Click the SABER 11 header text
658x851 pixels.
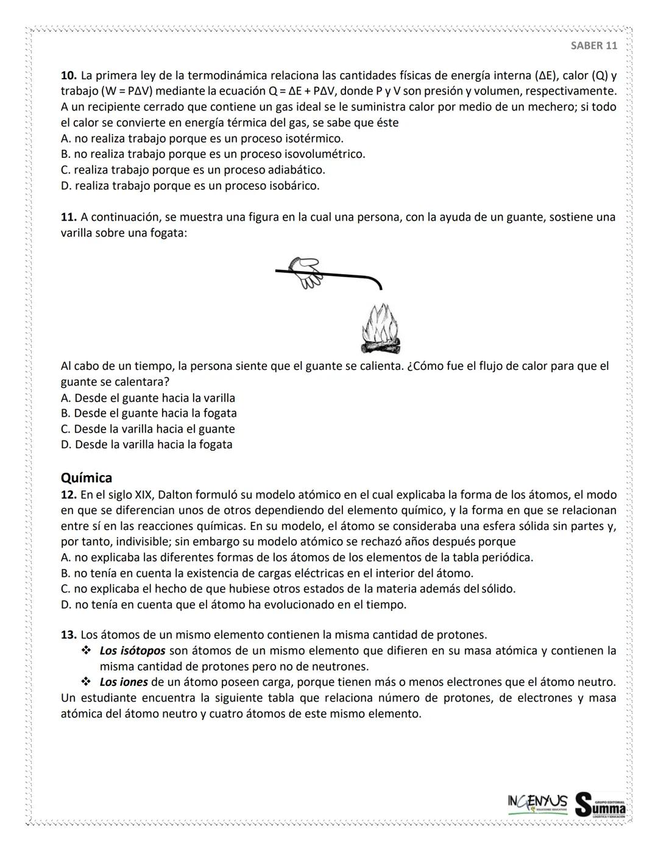[593, 46]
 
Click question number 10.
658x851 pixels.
[68, 76]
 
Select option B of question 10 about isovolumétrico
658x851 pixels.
[213, 154]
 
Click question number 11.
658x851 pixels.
[68, 217]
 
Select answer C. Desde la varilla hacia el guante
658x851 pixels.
[148, 429]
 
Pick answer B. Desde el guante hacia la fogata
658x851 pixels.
[149, 414]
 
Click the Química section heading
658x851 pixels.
[87, 478]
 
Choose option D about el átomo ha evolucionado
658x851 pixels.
[233, 605]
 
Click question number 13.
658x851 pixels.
[68, 635]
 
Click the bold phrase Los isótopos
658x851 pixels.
[132, 651]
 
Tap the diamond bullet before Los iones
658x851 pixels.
[85, 682]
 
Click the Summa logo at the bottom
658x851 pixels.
[601, 804]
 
